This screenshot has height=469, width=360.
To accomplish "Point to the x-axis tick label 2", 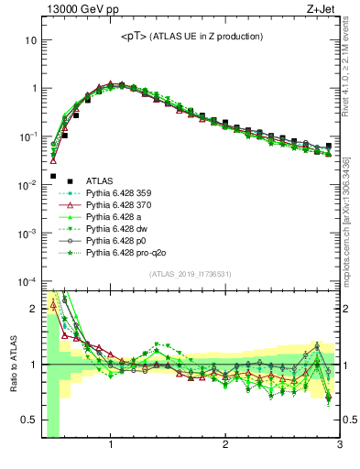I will tap(225, 446).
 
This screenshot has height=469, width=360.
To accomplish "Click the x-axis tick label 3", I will tap(339, 446).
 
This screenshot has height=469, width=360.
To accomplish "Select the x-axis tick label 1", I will tap(111, 446).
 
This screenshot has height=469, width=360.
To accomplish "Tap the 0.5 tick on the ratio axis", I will tap(31, 420).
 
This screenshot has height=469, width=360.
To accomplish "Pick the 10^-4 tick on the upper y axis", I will tap(28, 281).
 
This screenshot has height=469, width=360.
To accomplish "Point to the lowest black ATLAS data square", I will tap(53, 176).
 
